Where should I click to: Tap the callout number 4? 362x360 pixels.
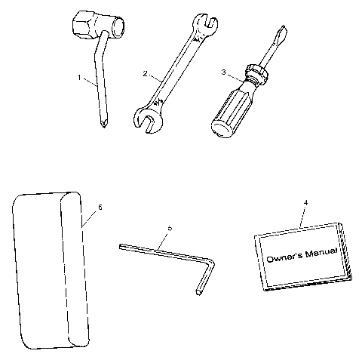pos(305,202)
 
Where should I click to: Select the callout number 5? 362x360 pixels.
pos(170,228)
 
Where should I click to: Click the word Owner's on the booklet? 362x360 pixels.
pos(283,257)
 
